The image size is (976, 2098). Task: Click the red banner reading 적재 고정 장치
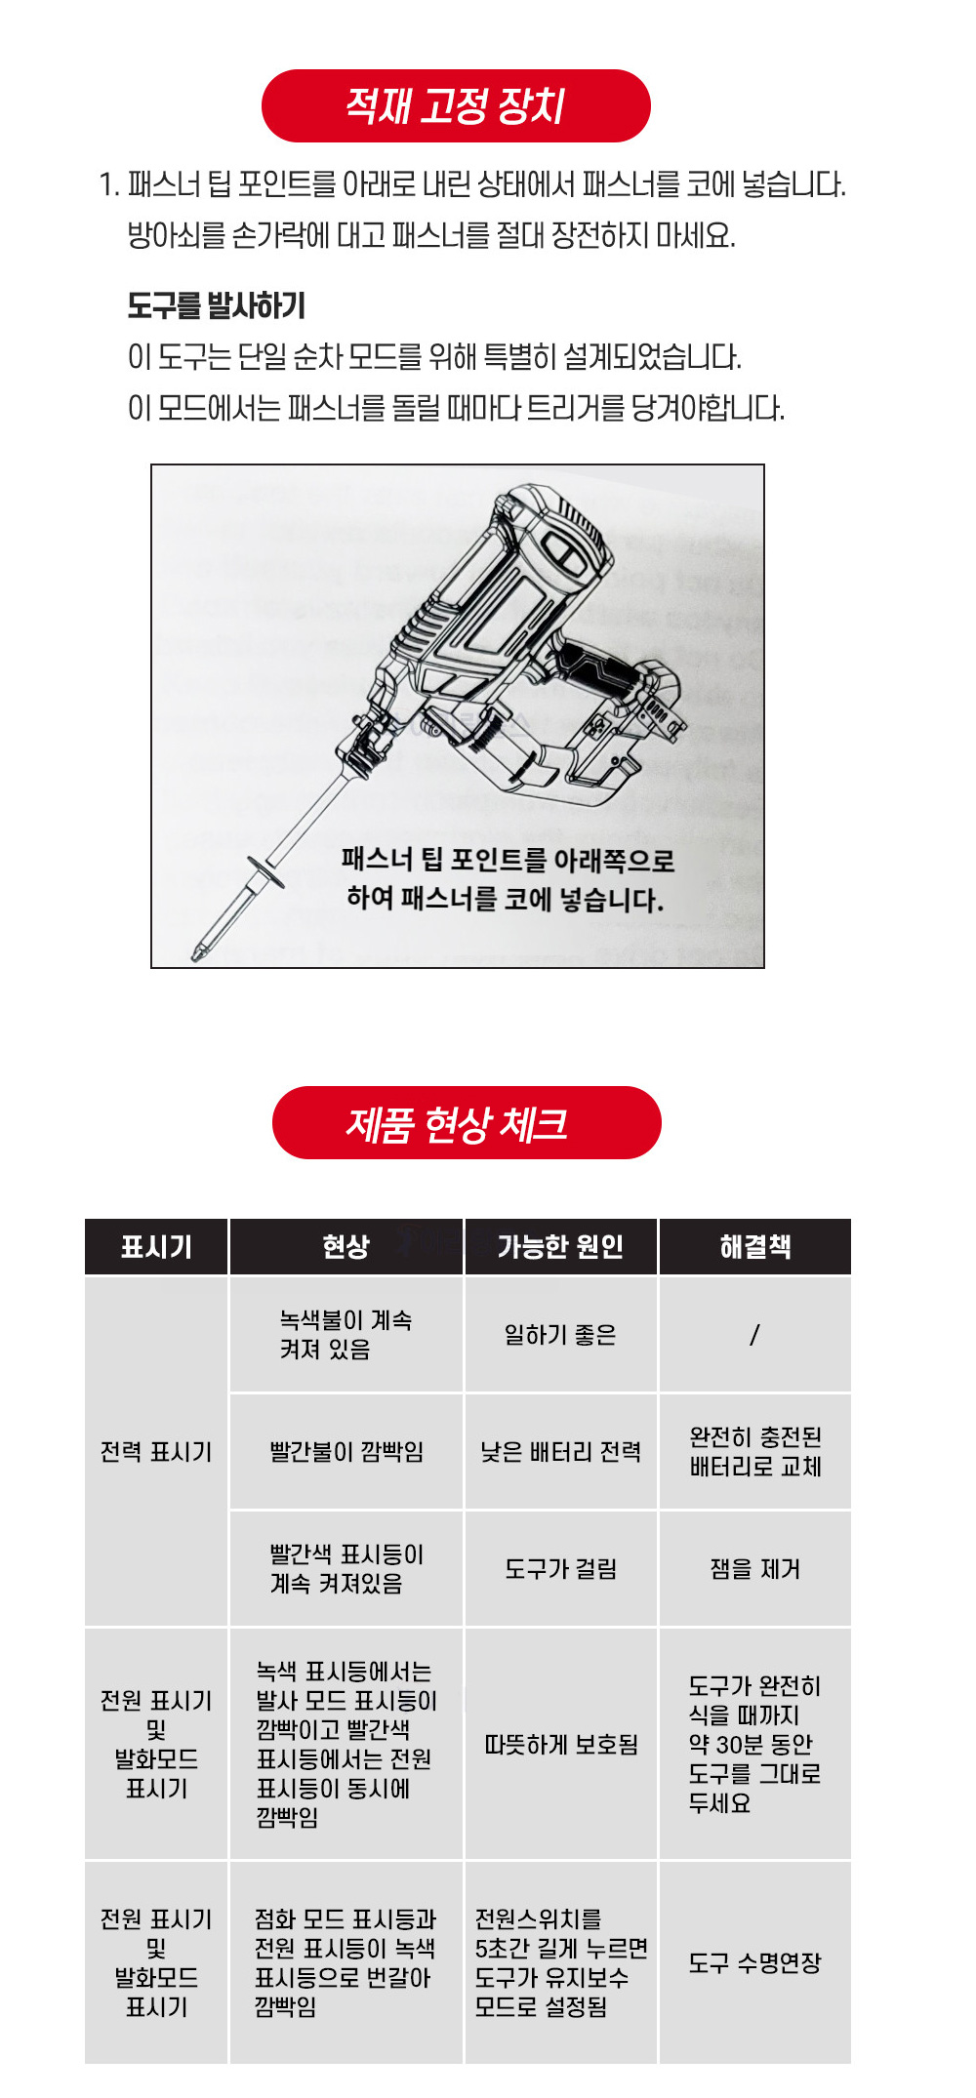tap(456, 105)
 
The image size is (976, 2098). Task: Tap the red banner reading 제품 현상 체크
tap(467, 1122)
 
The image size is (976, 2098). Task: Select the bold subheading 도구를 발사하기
tap(217, 306)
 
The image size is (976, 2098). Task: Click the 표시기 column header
tap(156, 1246)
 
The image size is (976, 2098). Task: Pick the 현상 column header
tap(346, 1246)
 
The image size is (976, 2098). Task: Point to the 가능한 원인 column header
tap(560, 1246)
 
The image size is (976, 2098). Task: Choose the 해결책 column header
tap(755, 1246)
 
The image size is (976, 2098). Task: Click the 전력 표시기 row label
tap(156, 1452)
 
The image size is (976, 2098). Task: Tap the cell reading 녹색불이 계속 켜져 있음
tap(346, 1335)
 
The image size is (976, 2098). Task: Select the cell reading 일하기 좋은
tap(560, 1335)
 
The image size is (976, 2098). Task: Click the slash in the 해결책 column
tap(754, 1335)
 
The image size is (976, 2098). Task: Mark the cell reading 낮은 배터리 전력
tap(560, 1452)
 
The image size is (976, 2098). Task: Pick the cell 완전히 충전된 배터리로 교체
tap(755, 1452)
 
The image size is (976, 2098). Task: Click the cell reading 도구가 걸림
tap(560, 1569)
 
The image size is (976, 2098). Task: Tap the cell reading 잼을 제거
tap(755, 1569)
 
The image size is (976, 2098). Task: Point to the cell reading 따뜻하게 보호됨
tap(561, 1744)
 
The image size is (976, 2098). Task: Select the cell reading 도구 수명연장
tap(755, 1962)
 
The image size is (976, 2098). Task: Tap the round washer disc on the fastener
tap(264, 872)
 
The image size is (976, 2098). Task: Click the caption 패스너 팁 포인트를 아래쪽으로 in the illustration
tap(508, 861)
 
